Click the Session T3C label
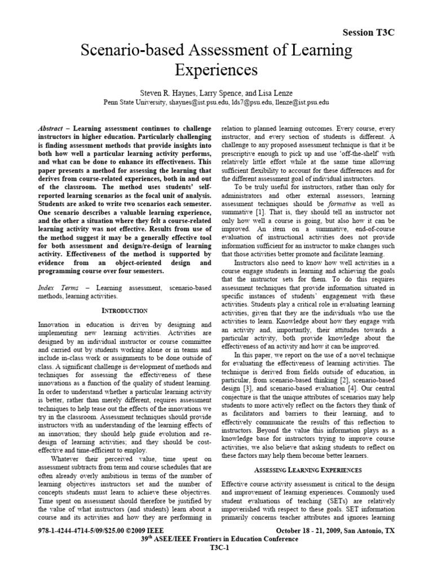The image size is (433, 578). (369, 33)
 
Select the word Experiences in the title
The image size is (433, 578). (216, 71)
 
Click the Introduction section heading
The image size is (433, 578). (125, 310)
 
